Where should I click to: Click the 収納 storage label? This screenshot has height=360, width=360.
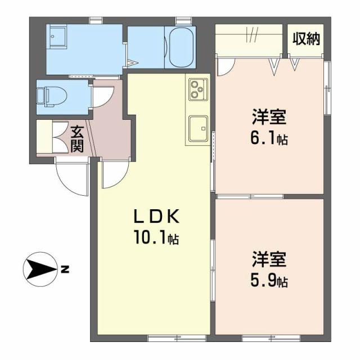point(306,39)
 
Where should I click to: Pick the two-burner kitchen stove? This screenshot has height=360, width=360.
point(197,87)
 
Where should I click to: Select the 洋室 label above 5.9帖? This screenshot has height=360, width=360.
point(269,260)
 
